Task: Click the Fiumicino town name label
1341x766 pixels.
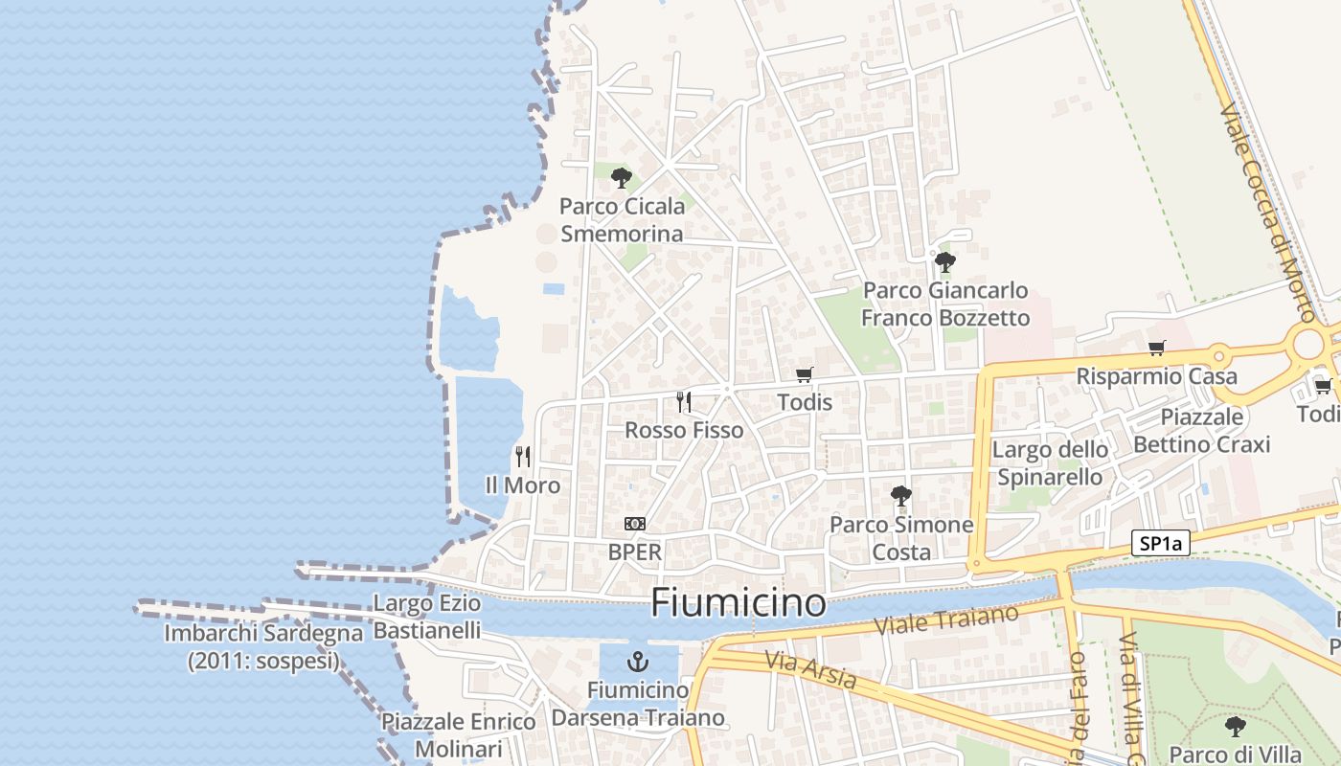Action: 738,603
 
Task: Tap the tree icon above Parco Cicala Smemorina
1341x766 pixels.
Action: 622,178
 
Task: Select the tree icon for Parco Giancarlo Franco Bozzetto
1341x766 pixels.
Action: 945,261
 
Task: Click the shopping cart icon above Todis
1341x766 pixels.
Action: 805,375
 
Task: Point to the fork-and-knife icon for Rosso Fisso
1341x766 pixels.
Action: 684,401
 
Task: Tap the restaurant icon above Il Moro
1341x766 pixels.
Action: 523,456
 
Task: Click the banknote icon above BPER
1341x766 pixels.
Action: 634,524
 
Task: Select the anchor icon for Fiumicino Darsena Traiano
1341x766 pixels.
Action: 637,661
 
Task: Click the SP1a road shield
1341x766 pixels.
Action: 1160,544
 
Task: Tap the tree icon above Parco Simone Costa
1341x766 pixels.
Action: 900,496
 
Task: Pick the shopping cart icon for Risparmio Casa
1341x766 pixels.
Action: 1156,349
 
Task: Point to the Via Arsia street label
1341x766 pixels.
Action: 810,669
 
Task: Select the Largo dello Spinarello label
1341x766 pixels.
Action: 1050,463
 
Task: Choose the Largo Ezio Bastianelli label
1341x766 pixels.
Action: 427,618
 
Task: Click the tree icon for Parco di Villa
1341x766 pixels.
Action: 1236,726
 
